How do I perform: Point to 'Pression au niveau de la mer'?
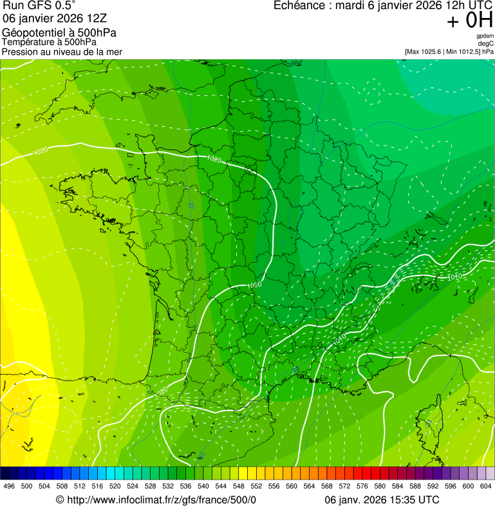pyautogui.click(x=62, y=52)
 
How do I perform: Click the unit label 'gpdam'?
pyautogui.click(x=485, y=36)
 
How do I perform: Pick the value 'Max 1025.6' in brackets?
pyautogui.click(x=428, y=51)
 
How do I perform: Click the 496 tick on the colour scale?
pyautogui.click(x=9, y=486)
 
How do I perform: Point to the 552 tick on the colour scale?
pyautogui.click(x=256, y=486)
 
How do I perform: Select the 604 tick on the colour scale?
pyautogui.click(x=486, y=486)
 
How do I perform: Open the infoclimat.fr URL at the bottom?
pyautogui.click(x=161, y=500)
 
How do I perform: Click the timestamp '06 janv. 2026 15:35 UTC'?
pyautogui.click(x=382, y=500)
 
